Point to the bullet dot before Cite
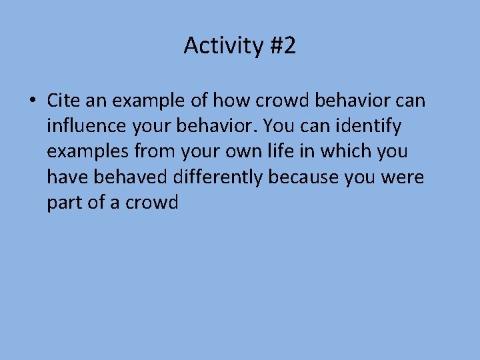pyautogui.click(x=32, y=101)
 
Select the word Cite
pyautogui.click(x=64, y=101)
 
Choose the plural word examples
pyautogui.click(x=88, y=152)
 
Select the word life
pyautogui.click(x=288, y=151)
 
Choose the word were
pyautogui.click(x=405, y=177)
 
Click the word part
pyautogui.click(x=66, y=203)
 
